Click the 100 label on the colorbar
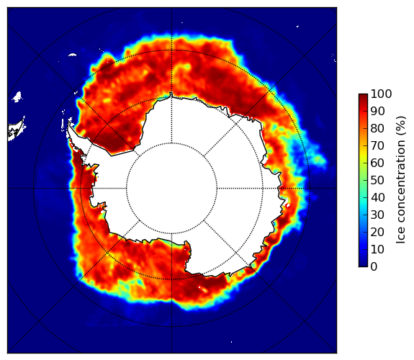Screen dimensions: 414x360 click(381, 94)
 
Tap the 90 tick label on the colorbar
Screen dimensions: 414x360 click(377, 111)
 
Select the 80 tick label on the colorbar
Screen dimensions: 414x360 click(377, 128)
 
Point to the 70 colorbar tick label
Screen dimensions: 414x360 click(377, 145)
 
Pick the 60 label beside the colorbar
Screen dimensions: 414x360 click(377, 163)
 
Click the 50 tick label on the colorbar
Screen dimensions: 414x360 click(377, 181)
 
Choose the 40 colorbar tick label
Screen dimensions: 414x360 click(377, 197)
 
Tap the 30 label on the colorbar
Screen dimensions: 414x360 click(377, 215)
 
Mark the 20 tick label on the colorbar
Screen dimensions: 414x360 click(377, 232)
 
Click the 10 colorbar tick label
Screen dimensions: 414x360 click(377, 249)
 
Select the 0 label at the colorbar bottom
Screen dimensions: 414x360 click(374, 267)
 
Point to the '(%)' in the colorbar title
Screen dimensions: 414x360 click(400, 127)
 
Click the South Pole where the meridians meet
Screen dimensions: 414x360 click(171, 189)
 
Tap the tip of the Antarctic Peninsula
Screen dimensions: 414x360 click(69, 123)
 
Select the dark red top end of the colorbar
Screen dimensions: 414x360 click(363, 96)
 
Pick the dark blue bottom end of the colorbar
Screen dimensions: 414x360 click(363, 265)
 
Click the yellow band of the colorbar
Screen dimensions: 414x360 click(363, 157)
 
